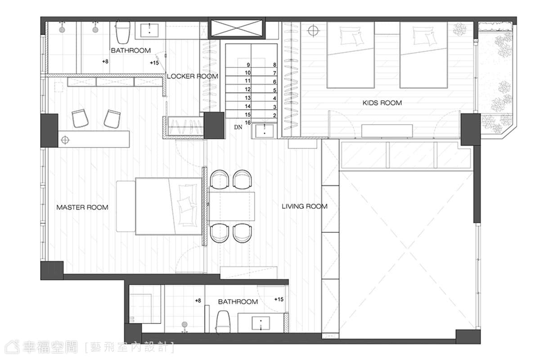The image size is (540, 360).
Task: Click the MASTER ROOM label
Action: point(82,207)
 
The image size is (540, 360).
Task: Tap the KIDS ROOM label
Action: point(382,103)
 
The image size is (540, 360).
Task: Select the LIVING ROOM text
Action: point(305,207)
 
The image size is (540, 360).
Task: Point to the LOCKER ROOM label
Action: point(193,76)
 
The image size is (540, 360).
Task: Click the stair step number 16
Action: point(248,122)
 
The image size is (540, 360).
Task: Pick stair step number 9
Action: point(248,65)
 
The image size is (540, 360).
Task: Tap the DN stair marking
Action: point(238,127)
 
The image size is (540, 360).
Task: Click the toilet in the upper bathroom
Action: point(123,32)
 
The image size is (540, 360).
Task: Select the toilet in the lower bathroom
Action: point(222,322)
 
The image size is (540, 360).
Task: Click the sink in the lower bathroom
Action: point(261,323)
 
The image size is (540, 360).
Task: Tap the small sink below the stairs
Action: point(265,130)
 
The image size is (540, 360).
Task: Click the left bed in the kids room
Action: point(351,55)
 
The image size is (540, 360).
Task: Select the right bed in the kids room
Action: point(423,55)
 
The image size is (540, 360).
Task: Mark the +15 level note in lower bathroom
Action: point(279,300)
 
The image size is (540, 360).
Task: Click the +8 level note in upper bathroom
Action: point(105,62)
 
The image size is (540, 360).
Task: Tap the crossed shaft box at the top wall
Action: point(237,28)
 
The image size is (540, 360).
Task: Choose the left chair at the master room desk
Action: point(80,118)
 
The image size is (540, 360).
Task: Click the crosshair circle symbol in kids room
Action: point(313,31)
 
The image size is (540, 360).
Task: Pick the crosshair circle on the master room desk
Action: point(65,140)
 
